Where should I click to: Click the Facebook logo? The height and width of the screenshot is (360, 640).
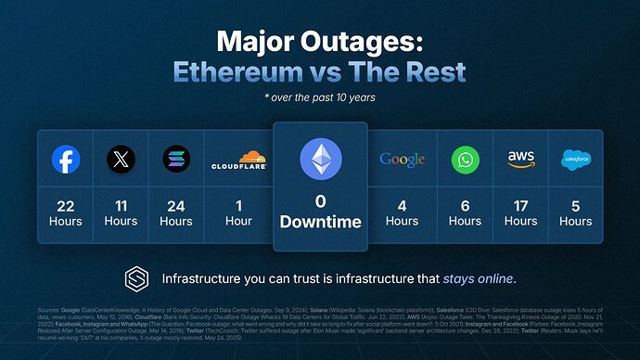[65, 160]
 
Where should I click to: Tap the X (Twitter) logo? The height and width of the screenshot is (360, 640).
[121, 160]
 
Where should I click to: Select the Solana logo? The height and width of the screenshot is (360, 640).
[176, 160]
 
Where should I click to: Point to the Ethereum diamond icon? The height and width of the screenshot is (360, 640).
[320, 159]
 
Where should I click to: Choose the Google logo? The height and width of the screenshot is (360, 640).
[402, 160]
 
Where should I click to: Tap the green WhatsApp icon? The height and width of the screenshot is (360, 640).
[466, 160]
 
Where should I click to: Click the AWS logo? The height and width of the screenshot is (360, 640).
[521, 159]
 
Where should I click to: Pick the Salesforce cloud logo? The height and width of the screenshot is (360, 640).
[576, 160]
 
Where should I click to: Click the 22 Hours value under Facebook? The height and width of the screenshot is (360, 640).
[65, 213]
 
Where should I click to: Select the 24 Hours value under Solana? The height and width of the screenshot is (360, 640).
[176, 213]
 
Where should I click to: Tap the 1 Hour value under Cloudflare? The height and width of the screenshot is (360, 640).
[238, 213]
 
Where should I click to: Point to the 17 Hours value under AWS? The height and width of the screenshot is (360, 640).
[521, 213]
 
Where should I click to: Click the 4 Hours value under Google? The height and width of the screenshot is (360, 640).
[402, 213]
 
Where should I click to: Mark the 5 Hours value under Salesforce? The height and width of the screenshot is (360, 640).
[576, 213]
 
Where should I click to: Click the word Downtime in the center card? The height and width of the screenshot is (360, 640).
[320, 224]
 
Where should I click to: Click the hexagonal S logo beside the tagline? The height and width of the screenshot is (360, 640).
[136, 278]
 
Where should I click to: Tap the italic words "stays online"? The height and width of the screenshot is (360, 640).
[478, 278]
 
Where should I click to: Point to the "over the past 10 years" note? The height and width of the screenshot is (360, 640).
[320, 96]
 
